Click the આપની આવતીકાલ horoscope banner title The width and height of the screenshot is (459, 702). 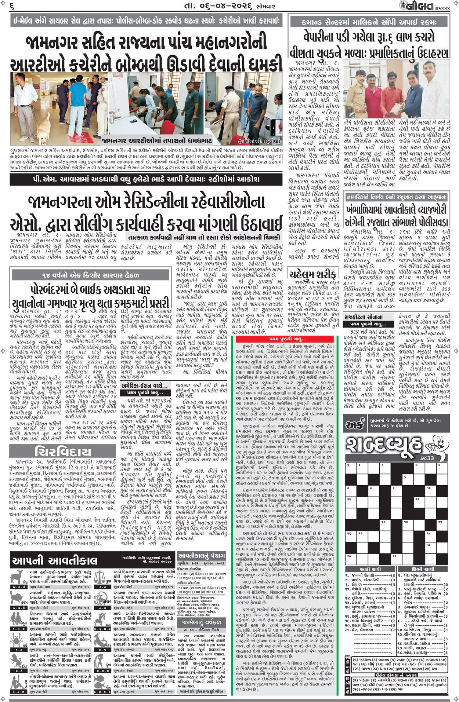point(55,561)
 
